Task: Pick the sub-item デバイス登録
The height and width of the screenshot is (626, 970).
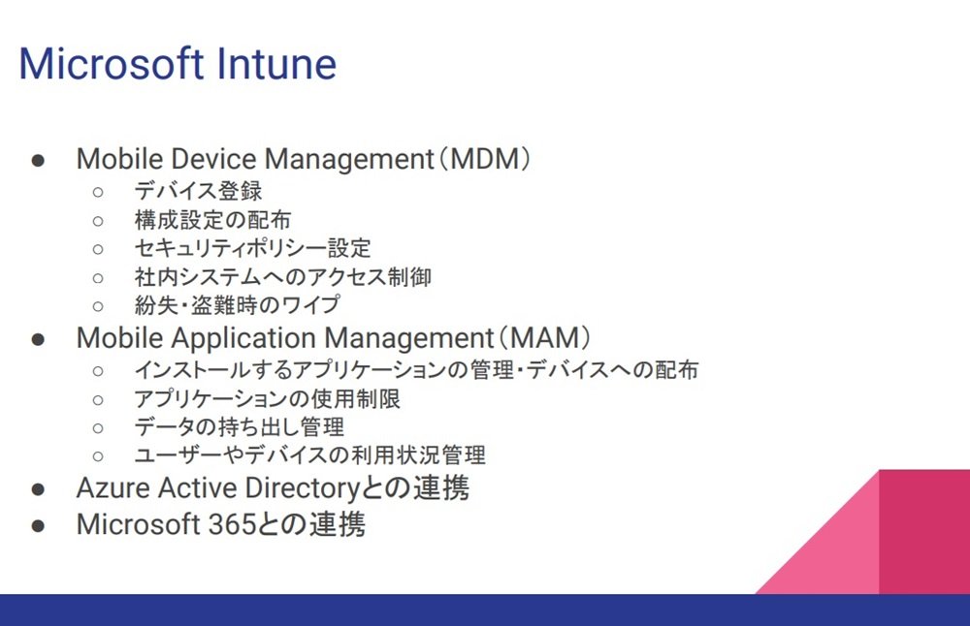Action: click(x=198, y=191)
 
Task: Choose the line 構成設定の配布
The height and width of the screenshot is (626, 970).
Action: click(x=212, y=220)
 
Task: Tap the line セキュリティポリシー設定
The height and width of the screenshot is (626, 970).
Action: click(x=252, y=248)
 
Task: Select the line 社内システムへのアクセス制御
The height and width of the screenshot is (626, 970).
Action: click(x=282, y=277)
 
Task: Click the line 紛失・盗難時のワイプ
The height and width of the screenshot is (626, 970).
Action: click(x=237, y=305)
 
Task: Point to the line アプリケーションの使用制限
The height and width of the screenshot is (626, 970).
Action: click(x=268, y=399)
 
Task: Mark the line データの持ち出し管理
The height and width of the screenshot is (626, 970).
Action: click(x=239, y=427)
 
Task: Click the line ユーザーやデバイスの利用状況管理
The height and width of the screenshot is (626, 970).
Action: click(x=309, y=456)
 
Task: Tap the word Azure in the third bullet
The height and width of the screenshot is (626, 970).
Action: click(x=113, y=487)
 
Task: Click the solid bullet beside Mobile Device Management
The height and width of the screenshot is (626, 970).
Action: click(x=38, y=161)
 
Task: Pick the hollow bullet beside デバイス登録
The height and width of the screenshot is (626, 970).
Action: click(x=98, y=192)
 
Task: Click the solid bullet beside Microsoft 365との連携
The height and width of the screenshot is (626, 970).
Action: click(x=38, y=526)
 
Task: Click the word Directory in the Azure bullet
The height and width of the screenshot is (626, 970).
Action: click(x=302, y=488)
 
